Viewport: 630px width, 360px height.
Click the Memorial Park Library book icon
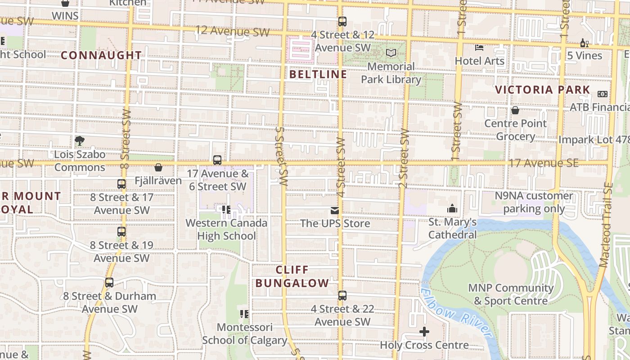pyautogui.click(x=391, y=53)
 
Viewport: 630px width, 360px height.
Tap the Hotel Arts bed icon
pyautogui.click(x=479, y=47)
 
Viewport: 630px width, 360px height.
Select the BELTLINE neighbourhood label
pyautogui.click(x=318, y=74)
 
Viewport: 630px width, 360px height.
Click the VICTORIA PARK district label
pyautogui.click(x=542, y=90)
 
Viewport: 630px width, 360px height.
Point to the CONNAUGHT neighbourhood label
pyautogui.click(x=101, y=55)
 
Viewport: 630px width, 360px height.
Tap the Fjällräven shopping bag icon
pyautogui.click(x=158, y=168)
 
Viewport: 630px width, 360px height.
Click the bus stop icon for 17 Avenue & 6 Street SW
pyautogui.click(x=217, y=160)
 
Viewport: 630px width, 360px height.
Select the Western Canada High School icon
pyautogui.click(x=226, y=210)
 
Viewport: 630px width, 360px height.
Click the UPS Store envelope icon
pyautogui.click(x=335, y=210)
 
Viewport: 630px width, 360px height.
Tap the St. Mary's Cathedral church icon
pyautogui.click(x=452, y=208)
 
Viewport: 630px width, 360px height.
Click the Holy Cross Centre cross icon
pyautogui.click(x=424, y=332)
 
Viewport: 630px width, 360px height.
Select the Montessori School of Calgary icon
pyautogui.click(x=244, y=314)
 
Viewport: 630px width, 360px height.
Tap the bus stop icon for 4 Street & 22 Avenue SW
pyautogui.click(x=342, y=296)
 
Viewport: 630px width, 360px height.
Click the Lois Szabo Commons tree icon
pyautogui.click(x=80, y=141)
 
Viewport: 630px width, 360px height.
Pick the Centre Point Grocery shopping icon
pyautogui.click(x=515, y=110)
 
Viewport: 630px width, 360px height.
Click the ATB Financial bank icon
pyautogui.click(x=602, y=94)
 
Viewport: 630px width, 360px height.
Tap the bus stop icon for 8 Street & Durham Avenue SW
pyautogui.click(x=109, y=283)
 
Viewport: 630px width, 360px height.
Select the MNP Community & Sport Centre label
pyautogui.click(x=510, y=294)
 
